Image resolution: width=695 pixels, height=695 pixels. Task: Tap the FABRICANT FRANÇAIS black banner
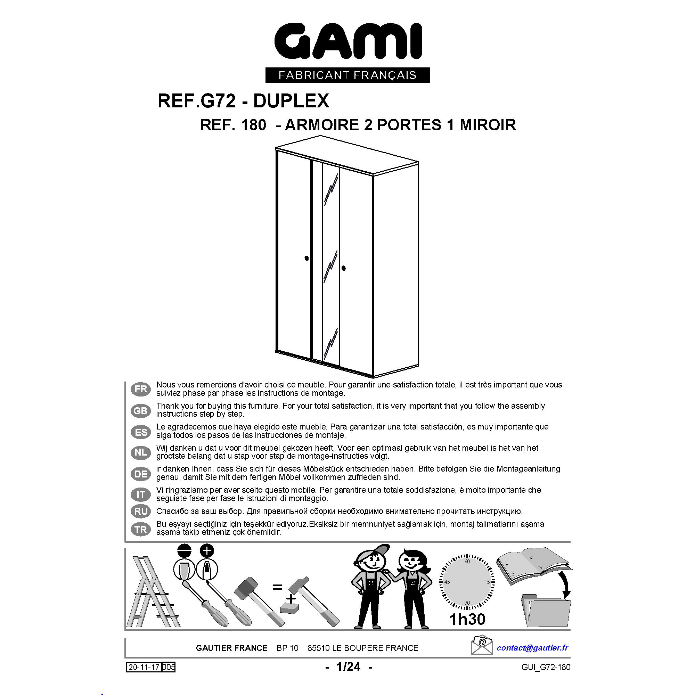pyautogui.click(x=347, y=75)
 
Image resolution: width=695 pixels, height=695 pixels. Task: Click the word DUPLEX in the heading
pyautogui.click(x=291, y=101)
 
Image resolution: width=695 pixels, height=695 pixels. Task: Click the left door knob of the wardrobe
pyautogui.click(x=306, y=258)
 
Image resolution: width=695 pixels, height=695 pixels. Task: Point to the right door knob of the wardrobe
pyautogui.click(x=344, y=268)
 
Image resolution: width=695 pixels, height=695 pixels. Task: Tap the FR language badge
pyautogui.click(x=141, y=389)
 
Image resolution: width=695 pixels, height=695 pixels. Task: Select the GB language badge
pyautogui.click(x=141, y=410)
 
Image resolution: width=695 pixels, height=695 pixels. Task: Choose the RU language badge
pyautogui.click(x=141, y=511)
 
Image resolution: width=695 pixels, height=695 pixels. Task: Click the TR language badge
pyautogui.click(x=141, y=529)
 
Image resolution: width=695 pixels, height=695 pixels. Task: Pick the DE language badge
pyautogui.click(x=141, y=474)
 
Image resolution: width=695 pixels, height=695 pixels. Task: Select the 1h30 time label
pyautogui.click(x=467, y=619)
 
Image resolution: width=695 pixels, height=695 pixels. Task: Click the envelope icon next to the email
pyautogui.click(x=482, y=645)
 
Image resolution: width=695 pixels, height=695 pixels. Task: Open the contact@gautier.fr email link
pyautogui.click(x=532, y=648)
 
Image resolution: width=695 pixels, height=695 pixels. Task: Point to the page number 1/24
pyautogui.click(x=348, y=667)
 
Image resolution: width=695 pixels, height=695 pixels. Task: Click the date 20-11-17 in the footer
pyautogui.click(x=144, y=667)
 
